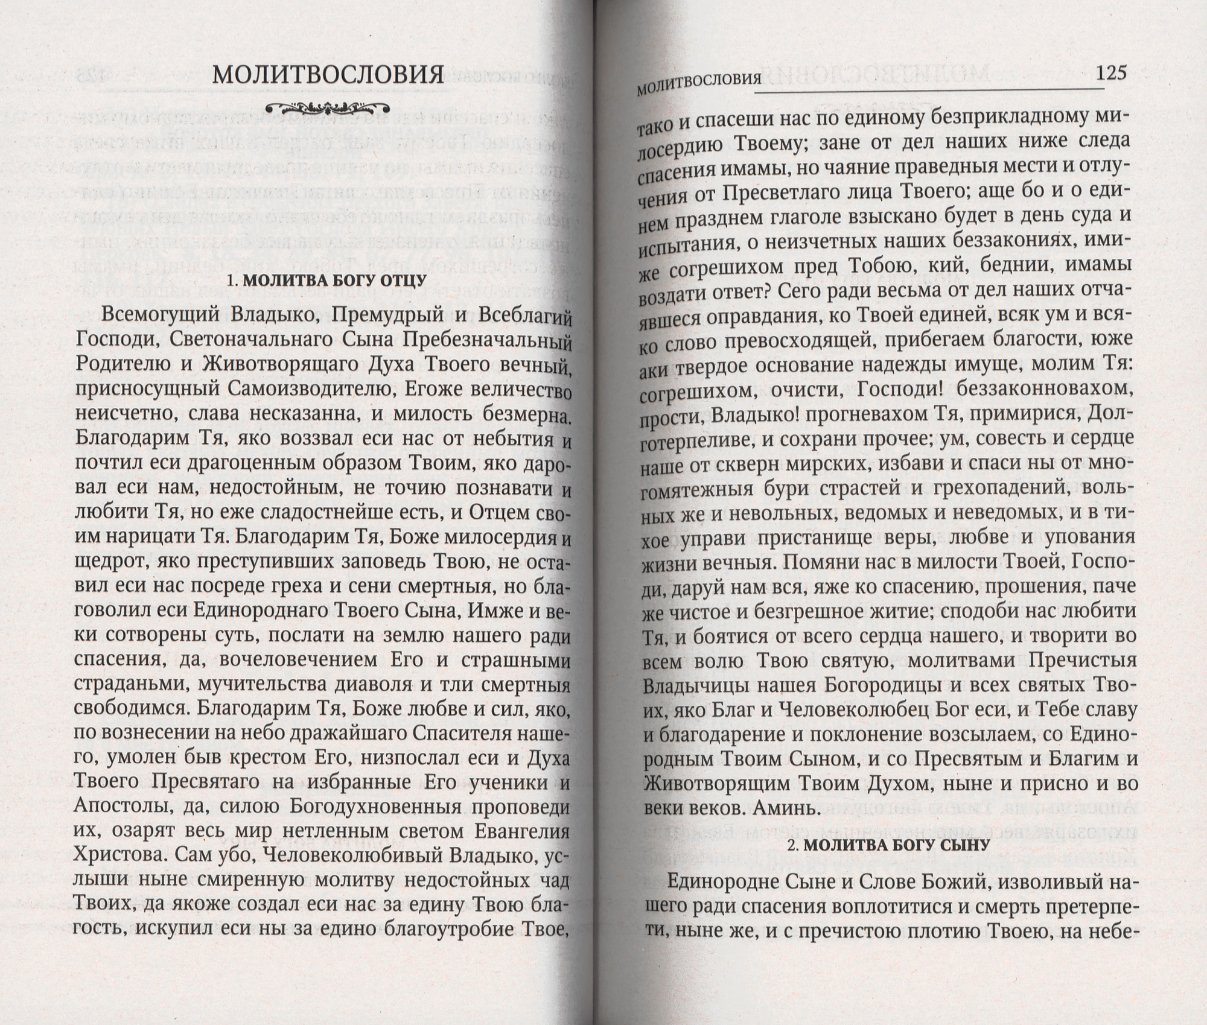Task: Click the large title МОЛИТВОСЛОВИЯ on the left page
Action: pos(328,75)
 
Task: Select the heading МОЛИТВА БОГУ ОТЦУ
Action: pos(326,281)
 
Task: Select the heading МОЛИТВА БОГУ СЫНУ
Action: pos(889,845)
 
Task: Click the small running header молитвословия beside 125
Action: pos(697,81)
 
